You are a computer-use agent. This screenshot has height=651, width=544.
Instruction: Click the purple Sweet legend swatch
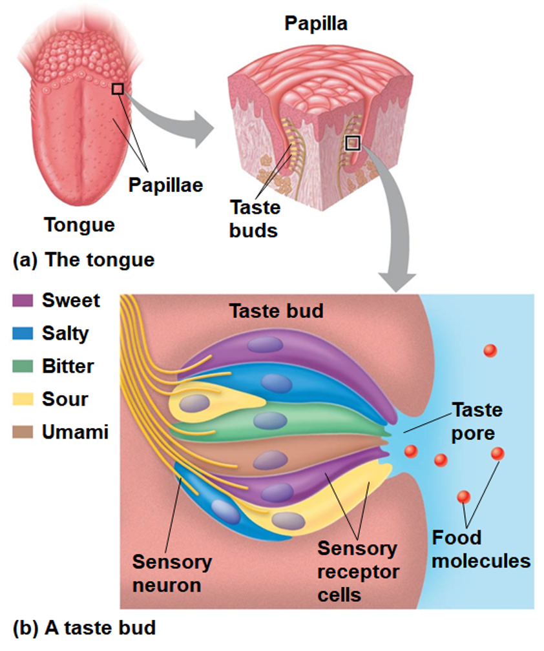click(x=23, y=300)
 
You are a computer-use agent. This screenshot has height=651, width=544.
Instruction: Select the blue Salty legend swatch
click(x=23, y=333)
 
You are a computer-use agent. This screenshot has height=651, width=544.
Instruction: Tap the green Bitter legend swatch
click(x=23, y=366)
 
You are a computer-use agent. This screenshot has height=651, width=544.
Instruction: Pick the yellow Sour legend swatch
click(x=23, y=399)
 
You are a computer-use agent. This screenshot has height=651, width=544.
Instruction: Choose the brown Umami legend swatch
click(x=23, y=432)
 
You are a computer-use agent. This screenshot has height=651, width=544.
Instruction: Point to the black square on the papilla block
click(x=352, y=143)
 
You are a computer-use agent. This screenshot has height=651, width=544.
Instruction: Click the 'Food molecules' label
click(x=481, y=549)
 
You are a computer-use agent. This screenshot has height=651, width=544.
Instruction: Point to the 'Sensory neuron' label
click(x=172, y=573)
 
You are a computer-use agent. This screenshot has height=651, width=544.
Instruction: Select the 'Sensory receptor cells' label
click(x=357, y=572)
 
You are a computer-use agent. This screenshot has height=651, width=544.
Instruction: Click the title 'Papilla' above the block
click(x=316, y=25)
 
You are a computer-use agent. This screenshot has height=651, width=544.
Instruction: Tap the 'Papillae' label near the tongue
click(x=165, y=185)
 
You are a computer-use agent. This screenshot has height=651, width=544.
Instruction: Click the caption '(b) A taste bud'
click(x=84, y=627)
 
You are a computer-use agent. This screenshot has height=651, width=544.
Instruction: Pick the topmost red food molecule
click(x=490, y=351)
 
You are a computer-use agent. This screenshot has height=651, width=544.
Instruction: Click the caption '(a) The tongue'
click(x=84, y=260)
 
